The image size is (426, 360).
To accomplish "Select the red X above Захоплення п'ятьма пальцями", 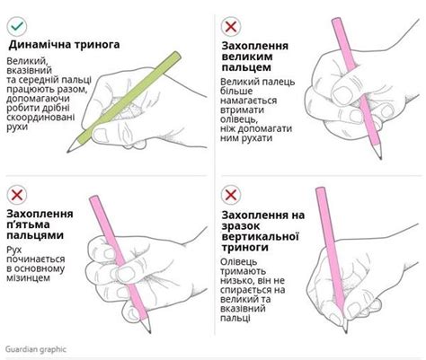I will click(x=17, y=194).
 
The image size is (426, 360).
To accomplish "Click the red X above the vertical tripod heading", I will click(x=231, y=194).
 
